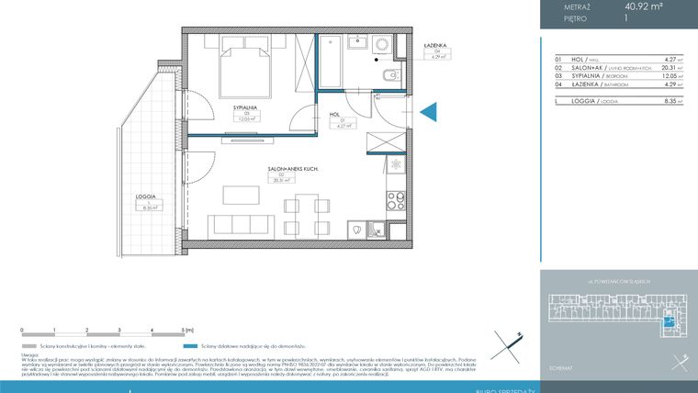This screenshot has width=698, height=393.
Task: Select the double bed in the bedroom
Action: click(243, 68)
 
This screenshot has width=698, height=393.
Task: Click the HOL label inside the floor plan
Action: click(335, 116)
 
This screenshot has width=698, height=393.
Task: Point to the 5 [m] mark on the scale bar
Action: click(187, 329)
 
